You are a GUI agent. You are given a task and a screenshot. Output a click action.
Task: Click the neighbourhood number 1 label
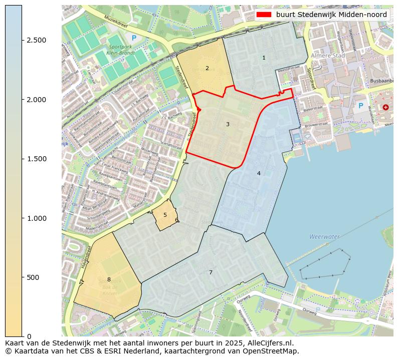[x=264, y=58]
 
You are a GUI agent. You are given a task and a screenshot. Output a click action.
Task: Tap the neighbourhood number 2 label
[x=207, y=68]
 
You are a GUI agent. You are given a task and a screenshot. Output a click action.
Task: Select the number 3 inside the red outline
[x=228, y=124]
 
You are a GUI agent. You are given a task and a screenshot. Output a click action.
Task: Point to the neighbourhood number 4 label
[x=259, y=173]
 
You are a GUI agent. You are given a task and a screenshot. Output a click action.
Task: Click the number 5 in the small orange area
[x=165, y=215]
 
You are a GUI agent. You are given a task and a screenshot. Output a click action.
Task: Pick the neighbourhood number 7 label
[x=211, y=272]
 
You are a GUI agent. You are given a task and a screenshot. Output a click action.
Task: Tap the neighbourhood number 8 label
[x=109, y=279]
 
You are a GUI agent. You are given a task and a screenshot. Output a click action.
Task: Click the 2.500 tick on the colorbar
[x=37, y=40]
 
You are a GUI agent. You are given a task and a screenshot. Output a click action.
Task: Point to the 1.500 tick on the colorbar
[x=37, y=159]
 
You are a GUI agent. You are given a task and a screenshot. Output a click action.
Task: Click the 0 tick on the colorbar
[x=29, y=336]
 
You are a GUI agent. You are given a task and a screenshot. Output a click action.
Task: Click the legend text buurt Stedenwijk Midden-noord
[x=331, y=15]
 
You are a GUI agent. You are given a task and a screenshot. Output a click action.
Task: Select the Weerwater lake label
[x=324, y=236]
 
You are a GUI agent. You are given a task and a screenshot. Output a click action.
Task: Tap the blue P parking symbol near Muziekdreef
[x=133, y=38]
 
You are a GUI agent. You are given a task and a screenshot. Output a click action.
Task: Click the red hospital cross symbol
[x=385, y=107]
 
